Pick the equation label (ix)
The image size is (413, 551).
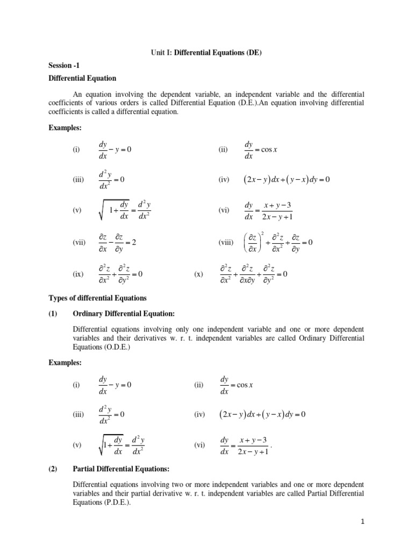click(x=79, y=274)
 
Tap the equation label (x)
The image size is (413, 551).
click(x=199, y=274)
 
